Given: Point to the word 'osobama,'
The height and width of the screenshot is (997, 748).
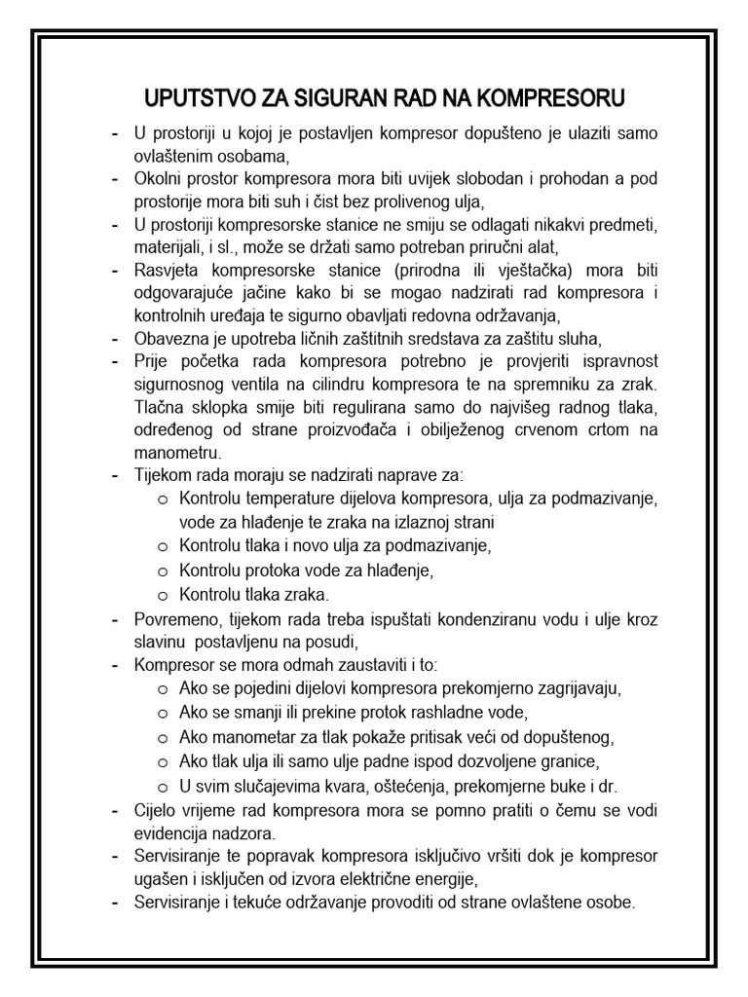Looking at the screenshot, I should click(258, 155).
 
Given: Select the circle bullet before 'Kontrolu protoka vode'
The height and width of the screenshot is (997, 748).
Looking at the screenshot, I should click(162, 571).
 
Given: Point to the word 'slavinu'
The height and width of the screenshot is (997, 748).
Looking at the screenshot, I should click(163, 642).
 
